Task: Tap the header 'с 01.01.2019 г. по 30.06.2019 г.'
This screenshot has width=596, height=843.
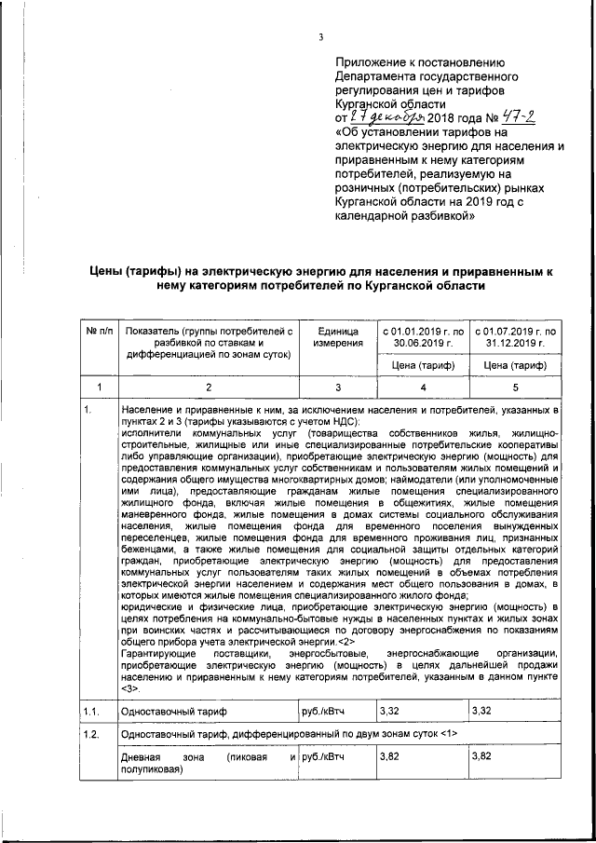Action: (423, 337)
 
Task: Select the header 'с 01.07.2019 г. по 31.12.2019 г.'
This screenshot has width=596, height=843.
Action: (514, 337)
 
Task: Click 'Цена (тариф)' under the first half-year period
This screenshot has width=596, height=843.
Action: (423, 365)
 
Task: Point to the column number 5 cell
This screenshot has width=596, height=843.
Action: (514, 387)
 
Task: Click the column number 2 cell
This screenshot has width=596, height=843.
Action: (208, 387)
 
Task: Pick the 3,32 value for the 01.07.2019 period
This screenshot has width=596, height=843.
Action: (482, 712)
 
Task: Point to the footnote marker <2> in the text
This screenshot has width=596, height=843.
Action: (344, 642)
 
